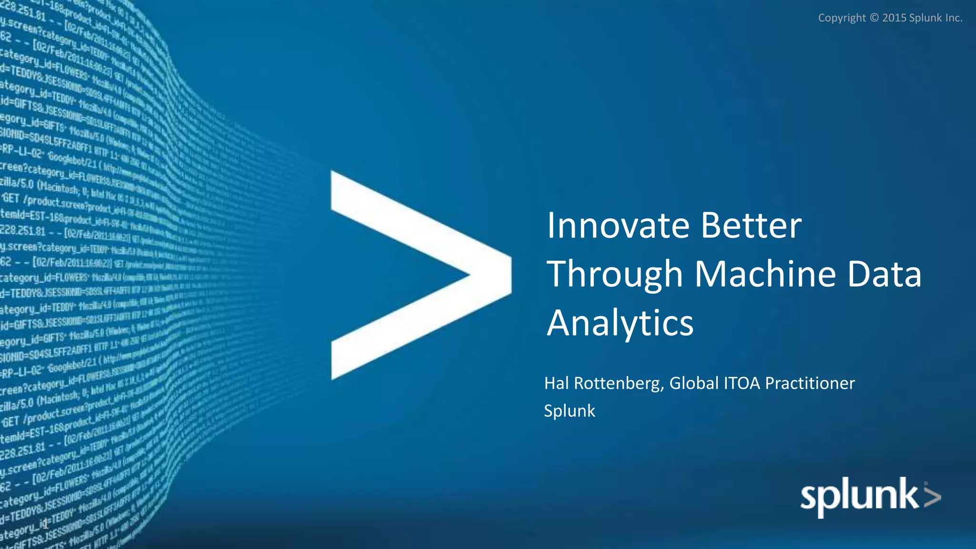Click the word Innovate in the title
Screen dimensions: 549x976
(618, 225)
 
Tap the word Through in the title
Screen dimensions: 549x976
(615, 275)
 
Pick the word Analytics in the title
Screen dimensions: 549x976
(620, 324)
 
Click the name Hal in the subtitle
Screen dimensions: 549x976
(556, 383)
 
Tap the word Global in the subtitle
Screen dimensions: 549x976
(694, 383)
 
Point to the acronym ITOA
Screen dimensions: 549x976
(742, 383)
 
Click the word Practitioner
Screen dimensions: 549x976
(810, 383)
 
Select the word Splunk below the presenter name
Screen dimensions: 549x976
(569, 411)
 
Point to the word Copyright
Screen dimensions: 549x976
(842, 18)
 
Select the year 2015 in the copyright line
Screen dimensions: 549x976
(894, 18)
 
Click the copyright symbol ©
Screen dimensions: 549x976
(874, 18)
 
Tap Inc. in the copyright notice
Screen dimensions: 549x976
(954, 18)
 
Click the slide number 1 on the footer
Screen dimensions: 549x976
(46, 526)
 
